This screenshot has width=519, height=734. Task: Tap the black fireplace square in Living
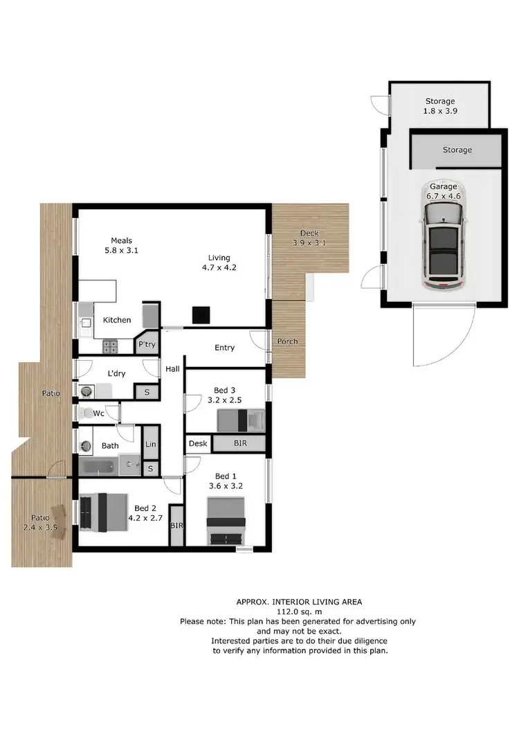[201, 315]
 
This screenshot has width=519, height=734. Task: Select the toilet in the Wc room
[86, 413]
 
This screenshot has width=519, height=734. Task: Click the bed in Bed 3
[241, 420]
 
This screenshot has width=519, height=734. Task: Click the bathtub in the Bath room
[101, 467]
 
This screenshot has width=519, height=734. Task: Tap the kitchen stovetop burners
[111, 345]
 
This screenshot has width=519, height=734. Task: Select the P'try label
[147, 344]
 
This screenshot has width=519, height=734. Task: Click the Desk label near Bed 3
[197, 443]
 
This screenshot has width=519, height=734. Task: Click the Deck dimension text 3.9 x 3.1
[309, 243]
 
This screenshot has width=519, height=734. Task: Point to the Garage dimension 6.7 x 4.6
[444, 196]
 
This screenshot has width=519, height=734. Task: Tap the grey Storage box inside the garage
[457, 150]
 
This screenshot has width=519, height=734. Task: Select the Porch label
[287, 341]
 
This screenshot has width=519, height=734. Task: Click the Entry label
[225, 348]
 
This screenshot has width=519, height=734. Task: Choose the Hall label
[172, 370]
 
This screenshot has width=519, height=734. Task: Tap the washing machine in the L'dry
[86, 391]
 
